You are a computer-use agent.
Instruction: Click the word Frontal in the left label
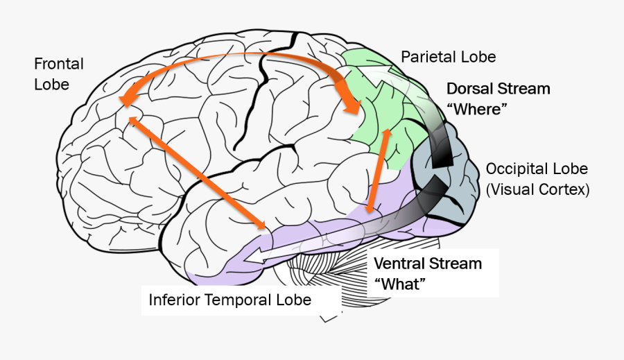pos(58,65)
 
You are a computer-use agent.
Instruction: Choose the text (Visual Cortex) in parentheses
pos(537,189)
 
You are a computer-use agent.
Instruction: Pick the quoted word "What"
pos(399,284)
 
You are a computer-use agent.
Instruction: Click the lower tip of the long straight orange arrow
pos(263,226)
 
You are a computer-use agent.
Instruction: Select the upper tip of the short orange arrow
pos(388,130)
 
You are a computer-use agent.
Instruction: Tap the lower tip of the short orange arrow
pos(371,209)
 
